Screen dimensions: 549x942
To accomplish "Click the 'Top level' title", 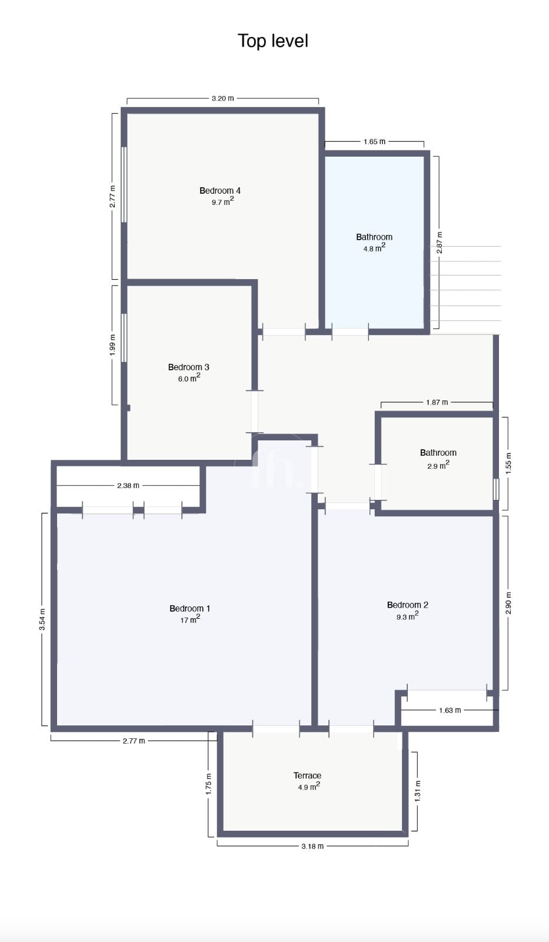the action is click(273, 41).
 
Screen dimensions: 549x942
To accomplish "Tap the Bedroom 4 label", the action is click(220, 191).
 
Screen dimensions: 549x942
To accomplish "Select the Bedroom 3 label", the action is click(188, 367).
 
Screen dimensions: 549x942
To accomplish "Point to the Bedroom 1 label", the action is click(189, 608).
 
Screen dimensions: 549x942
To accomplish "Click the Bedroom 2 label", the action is click(407, 605).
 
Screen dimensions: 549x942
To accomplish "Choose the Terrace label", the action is click(307, 775).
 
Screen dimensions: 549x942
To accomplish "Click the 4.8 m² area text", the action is click(374, 248).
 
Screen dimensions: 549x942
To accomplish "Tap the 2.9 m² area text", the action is click(438, 465).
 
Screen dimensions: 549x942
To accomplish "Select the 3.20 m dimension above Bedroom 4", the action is click(223, 98).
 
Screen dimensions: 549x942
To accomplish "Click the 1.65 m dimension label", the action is click(374, 142).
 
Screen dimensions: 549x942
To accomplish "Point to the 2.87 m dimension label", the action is click(440, 243).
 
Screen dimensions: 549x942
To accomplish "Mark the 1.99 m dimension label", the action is click(112, 345).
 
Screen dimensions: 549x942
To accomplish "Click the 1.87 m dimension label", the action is click(437, 403).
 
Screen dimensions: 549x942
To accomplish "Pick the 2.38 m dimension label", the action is click(128, 486).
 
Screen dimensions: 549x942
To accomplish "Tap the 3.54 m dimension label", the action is click(42, 619).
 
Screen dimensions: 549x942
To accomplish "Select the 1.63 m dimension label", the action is click(450, 710).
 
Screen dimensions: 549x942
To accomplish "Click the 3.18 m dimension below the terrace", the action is click(312, 846).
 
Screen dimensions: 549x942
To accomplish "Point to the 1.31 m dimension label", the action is click(417, 791).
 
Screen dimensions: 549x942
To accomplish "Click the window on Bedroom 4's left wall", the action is click(124, 184).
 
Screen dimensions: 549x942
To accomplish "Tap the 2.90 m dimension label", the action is click(508, 603).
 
